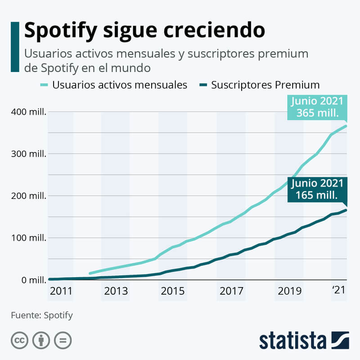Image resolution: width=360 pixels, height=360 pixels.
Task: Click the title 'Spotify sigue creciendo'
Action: [x=144, y=31]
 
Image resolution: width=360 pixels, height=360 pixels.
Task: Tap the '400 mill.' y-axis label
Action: [x=28, y=112]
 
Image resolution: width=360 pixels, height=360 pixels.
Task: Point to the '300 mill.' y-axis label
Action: [x=28, y=154]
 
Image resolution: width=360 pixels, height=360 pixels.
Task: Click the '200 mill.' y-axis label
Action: [x=28, y=196]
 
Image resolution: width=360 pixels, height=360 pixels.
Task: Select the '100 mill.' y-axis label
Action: [x=28, y=238]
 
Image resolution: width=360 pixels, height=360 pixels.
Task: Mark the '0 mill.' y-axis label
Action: [x=31, y=280]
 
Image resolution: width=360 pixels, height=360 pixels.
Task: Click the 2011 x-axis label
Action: [x=61, y=291]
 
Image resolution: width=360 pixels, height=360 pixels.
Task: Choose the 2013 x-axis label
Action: [x=116, y=291]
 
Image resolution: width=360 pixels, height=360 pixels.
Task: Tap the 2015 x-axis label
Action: [x=173, y=291]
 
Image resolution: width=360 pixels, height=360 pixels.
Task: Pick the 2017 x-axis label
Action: [x=231, y=291]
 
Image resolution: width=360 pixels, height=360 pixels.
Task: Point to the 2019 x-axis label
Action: [x=289, y=291]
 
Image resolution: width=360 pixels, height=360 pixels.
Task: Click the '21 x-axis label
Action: [x=339, y=290]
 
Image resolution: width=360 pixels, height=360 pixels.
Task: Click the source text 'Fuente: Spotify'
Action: [x=42, y=315]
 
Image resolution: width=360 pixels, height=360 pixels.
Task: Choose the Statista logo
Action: [x=304, y=340]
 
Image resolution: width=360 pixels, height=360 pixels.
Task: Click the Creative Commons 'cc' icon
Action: [x=19, y=340]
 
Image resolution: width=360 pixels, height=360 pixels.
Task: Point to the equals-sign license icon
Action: [x=63, y=340]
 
